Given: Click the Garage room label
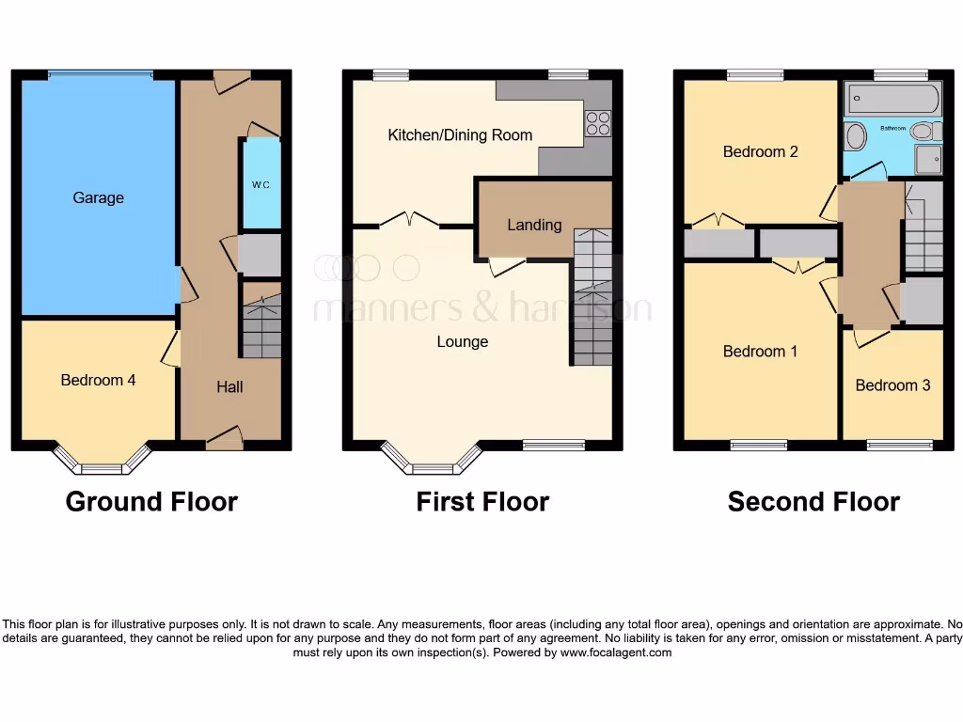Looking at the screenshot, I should (x=99, y=197).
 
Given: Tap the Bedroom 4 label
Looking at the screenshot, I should (x=99, y=380).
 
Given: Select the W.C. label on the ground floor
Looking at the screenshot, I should (x=260, y=185).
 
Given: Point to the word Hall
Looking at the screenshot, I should (x=229, y=386).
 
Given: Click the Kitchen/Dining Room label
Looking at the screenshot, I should (x=460, y=135).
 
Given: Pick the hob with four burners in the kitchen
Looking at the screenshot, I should (x=598, y=123).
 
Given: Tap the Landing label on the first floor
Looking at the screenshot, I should (x=534, y=225).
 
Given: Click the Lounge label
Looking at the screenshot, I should (x=463, y=341).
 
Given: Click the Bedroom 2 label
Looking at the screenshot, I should (x=761, y=151).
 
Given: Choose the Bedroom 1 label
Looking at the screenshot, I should (x=761, y=352).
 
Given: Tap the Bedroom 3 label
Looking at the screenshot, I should (x=892, y=385).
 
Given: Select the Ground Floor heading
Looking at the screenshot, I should (x=151, y=502).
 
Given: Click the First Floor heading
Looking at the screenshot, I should (x=482, y=502).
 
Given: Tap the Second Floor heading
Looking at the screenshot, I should (x=813, y=502).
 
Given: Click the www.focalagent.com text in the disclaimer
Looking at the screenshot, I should (x=616, y=652).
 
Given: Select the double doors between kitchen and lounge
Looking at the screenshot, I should (x=410, y=222).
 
